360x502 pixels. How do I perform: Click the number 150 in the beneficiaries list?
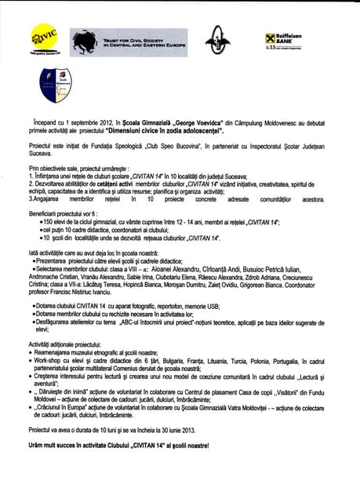click(x=53, y=223)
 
